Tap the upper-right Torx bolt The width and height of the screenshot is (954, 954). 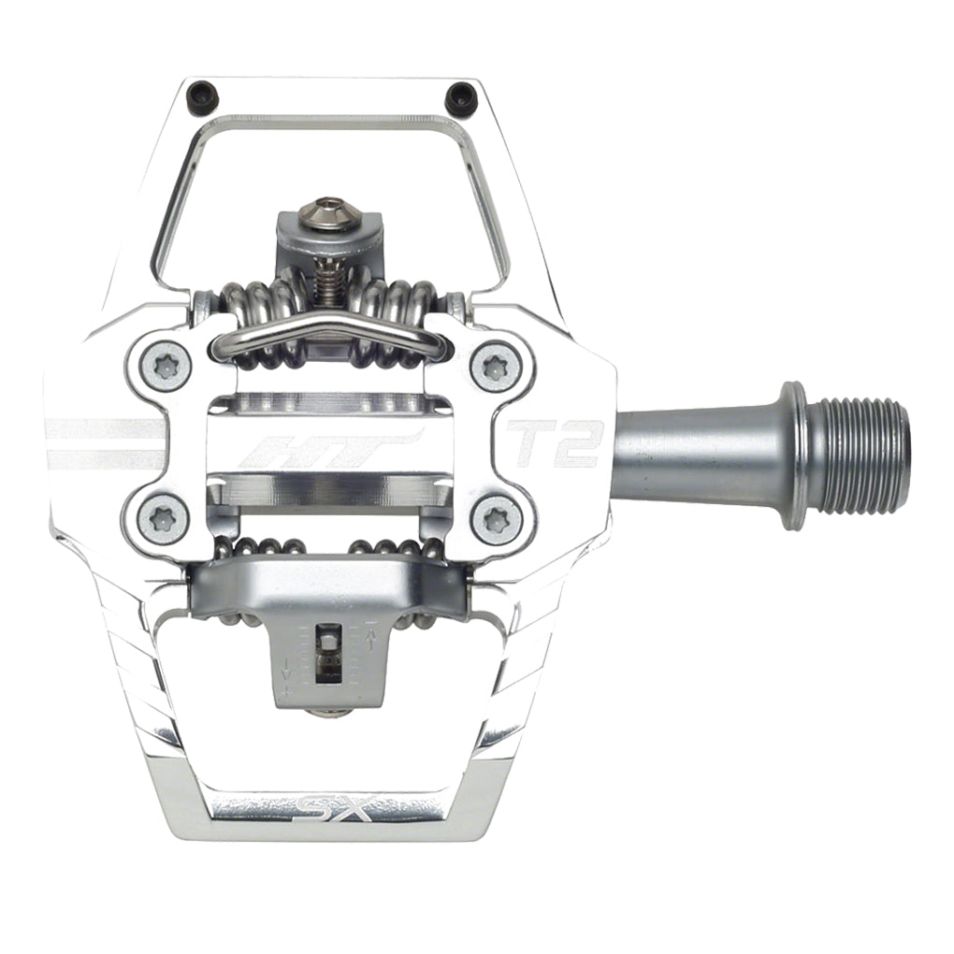click(495, 367)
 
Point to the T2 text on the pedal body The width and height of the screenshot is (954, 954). click(554, 443)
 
